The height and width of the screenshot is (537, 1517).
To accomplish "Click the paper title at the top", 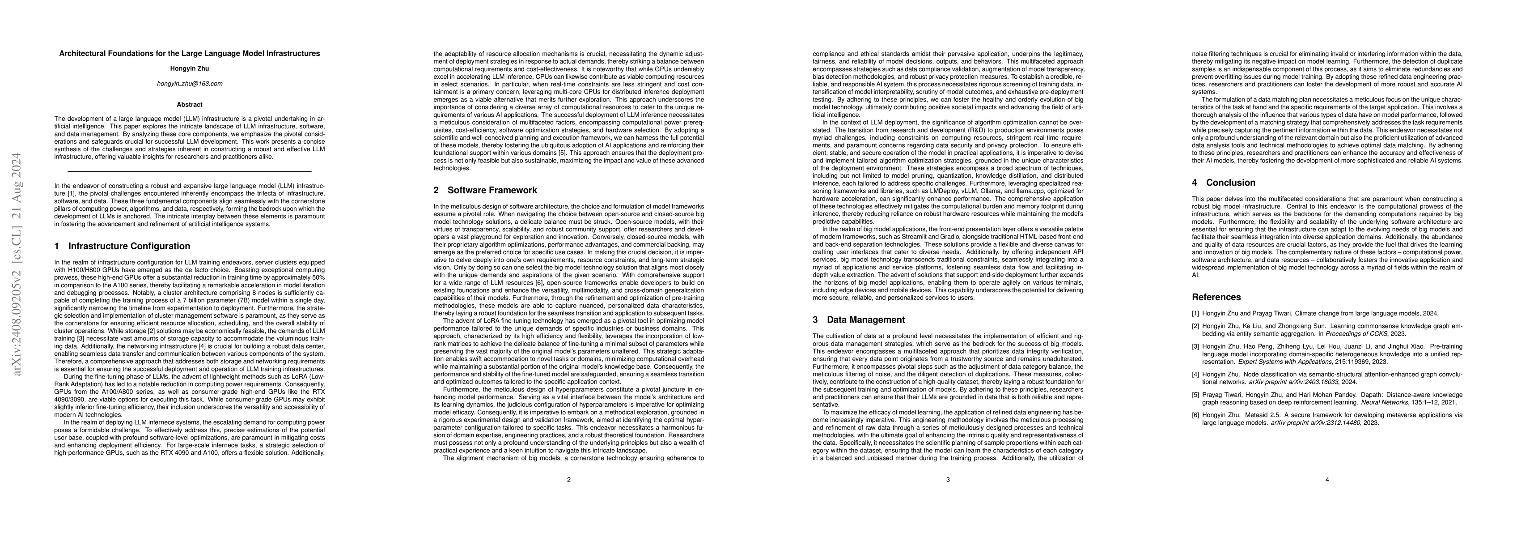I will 190,54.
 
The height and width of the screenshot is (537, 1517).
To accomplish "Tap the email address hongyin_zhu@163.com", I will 190,84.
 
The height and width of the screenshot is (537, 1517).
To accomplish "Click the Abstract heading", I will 190,105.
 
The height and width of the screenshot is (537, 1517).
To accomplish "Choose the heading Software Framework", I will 492,190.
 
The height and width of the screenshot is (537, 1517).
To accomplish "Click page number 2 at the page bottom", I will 569,480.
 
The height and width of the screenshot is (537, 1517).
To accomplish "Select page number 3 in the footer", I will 948,480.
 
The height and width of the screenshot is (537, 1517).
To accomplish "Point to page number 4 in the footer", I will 1327,480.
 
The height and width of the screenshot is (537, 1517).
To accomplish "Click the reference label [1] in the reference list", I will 1196,314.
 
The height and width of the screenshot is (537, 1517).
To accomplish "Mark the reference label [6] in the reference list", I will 1196,415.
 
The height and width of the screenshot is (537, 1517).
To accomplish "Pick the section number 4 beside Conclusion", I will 1195,183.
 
